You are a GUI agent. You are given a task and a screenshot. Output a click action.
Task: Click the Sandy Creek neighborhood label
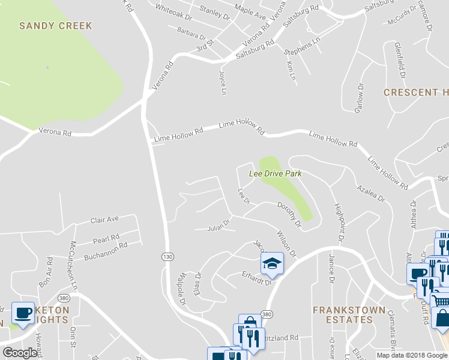tap(56, 26)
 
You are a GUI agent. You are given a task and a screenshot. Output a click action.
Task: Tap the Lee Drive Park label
tap(275, 173)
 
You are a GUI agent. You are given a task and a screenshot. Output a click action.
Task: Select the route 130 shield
tap(167, 257)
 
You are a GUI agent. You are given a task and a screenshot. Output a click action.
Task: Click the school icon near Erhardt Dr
tap(271, 263)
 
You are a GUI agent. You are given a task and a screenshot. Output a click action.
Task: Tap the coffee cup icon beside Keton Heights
tap(23, 313)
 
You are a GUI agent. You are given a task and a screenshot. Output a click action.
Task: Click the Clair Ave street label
tap(105, 220)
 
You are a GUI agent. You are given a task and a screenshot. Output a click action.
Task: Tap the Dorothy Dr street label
tap(289, 214)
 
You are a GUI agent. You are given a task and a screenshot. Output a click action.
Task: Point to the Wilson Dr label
tap(286, 244)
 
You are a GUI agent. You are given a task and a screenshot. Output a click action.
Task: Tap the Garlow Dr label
tap(360, 98)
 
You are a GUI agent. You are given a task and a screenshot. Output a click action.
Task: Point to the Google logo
tap(20, 353)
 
